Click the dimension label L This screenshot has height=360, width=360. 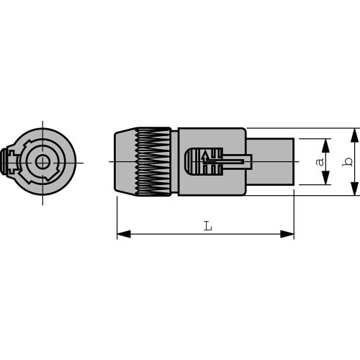(208, 226)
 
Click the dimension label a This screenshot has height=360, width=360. (320, 162)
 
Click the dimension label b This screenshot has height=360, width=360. (348, 162)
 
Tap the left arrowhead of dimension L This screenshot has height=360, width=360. (124, 234)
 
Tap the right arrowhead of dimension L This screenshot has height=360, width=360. (287, 234)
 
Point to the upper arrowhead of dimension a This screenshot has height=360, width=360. (325, 145)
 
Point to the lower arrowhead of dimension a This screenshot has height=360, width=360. (325, 178)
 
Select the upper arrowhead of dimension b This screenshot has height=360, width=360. (354, 135)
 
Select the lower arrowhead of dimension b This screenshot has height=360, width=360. (354, 189)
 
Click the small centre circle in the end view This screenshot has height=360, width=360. (42, 162)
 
